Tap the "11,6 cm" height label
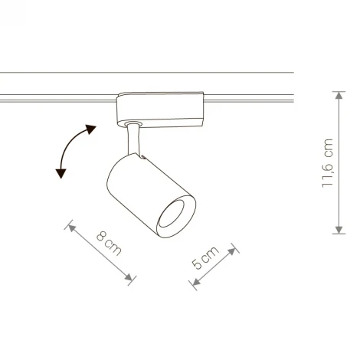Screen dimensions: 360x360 click(x=329, y=162)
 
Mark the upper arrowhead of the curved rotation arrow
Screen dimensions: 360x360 click(x=92, y=128)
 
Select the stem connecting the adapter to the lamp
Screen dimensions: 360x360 click(x=135, y=142)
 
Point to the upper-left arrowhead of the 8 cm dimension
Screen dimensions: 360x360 click(x=71, y=226)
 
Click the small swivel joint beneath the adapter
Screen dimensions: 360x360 click(x=135, y=125)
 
